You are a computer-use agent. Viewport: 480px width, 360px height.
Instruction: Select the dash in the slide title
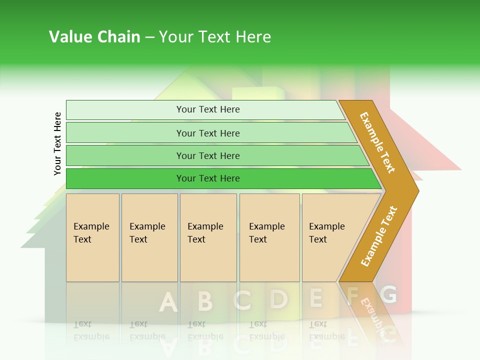[149, 37]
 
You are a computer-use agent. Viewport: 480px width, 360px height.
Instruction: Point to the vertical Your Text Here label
[57, 143]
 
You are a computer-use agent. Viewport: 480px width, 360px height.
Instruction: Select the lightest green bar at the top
[208, 109]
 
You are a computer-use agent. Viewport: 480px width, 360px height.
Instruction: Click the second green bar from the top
[208, 133]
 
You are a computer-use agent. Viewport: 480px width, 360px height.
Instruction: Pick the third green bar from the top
[208, 155]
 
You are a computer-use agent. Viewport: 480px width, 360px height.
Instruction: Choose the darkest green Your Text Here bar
[208, 178]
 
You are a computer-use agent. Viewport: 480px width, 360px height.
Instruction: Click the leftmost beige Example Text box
[92, 237]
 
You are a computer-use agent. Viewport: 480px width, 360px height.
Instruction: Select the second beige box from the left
[149, 237]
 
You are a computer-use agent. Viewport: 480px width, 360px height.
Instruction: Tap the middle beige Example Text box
[208, 237]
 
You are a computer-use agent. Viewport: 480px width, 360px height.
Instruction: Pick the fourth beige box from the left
[269, 237]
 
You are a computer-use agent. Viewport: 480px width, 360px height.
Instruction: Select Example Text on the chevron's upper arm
[377, 142]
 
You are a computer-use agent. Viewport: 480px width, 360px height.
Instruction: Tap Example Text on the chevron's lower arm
[378, 236]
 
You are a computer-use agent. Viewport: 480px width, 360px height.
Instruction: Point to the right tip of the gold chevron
[417, 190]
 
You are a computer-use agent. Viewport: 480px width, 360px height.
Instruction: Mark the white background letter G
[388, 294]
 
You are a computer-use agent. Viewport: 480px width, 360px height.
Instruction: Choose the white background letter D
[278, 299]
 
